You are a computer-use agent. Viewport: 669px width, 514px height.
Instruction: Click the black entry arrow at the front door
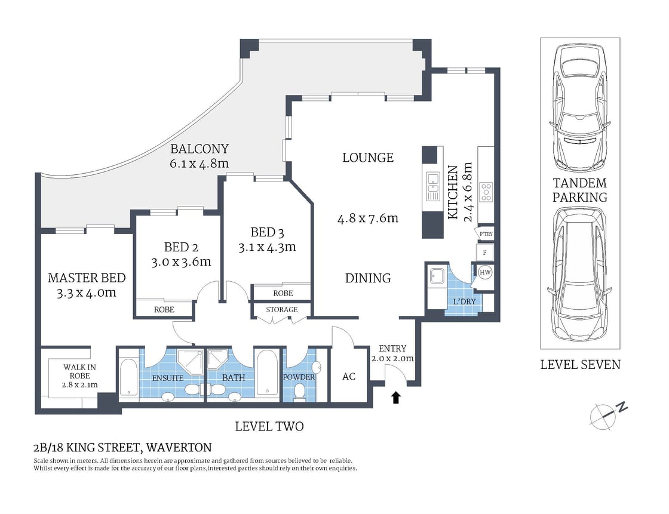395,398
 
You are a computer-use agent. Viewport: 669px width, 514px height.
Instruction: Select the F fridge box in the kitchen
484,253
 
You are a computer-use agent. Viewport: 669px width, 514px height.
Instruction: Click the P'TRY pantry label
484,234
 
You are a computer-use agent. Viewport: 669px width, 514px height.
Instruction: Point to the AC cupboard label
349,376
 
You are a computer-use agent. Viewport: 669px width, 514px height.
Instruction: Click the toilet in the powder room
300,391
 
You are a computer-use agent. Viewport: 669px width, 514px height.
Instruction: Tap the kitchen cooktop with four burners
486,192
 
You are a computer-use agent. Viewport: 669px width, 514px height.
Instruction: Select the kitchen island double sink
432,186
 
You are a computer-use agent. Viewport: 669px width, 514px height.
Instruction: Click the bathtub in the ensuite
128,377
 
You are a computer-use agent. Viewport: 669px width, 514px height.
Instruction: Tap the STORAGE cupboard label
281,310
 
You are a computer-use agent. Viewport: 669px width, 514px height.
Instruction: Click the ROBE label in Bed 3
283,293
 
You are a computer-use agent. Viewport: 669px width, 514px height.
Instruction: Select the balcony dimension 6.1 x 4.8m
200,163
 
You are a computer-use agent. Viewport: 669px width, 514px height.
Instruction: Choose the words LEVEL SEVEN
580,364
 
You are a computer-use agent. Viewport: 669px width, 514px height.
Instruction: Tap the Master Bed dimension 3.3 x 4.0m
86,293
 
